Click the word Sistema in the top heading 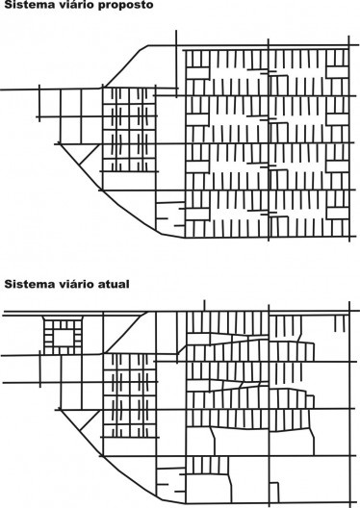click(x=26, y=5)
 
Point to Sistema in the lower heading click(x=26, y=284)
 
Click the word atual click(x=113, y=284)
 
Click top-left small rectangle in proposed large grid click(x=196, y=71)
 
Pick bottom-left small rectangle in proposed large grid click(x=196, y=209)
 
